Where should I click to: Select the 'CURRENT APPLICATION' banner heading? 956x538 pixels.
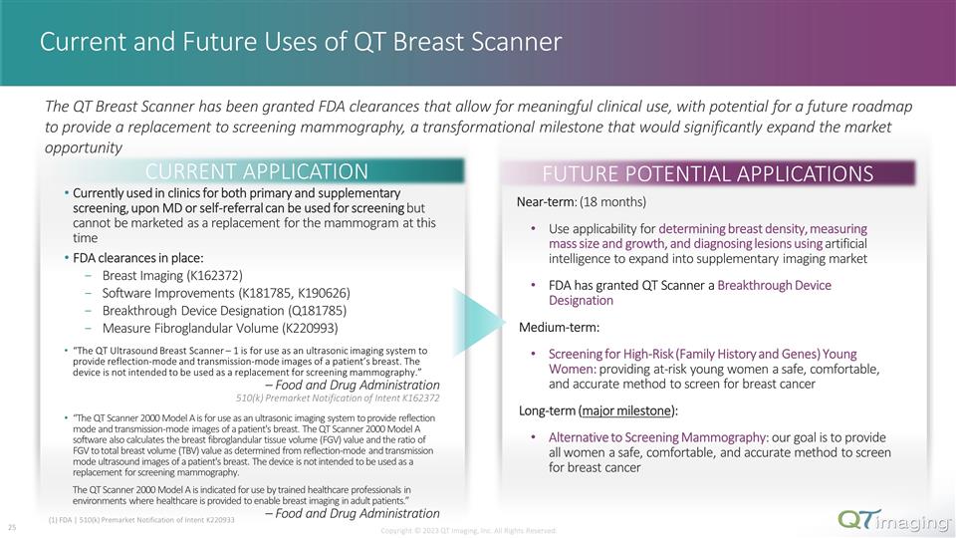[257, 171]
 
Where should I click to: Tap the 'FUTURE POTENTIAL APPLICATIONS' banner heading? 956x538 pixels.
[708, 173]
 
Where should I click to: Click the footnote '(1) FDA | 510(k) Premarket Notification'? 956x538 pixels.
[140, 520]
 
